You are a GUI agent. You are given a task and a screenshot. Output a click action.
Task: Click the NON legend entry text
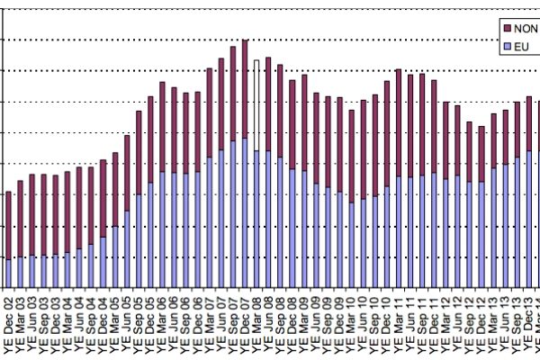[x=526, y=28]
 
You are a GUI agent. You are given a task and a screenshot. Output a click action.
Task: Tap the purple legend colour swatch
[x=506, y=28]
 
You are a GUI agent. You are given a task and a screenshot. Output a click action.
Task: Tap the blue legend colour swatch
[x=506, y=45]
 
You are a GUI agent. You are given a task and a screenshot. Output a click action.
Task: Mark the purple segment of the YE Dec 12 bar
[x=481, y=154]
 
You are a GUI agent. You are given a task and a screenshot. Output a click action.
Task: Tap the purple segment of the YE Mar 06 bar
[x=162, y=127]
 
